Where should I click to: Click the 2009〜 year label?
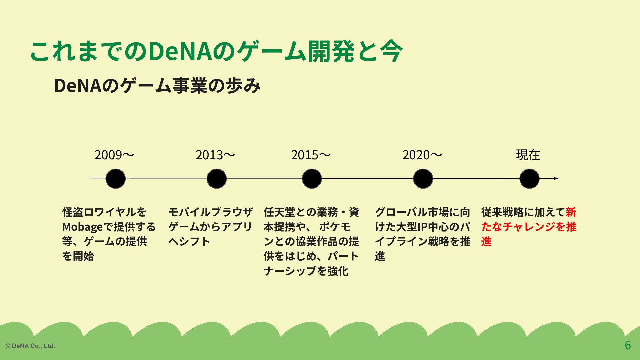click(x=114, y=155)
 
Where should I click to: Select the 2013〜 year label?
click(x=215, y=155)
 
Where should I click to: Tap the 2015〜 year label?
click(x=311, y=155)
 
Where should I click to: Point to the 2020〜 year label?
click(x=422, y=155)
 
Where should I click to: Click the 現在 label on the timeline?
click(x=528, y=155)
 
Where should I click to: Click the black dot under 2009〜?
click(x=115, y=179)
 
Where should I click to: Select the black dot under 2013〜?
click(x=217, y=179)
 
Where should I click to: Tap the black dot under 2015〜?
click(x=312, y=179)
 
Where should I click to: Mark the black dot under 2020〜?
click(x=423, y=179)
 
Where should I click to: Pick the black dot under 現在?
click(x=529, y=179)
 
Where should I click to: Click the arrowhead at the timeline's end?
click(x=556, y=179)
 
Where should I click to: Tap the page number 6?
click(x=628, y=345)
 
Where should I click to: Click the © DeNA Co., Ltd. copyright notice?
click(x=30, y=346)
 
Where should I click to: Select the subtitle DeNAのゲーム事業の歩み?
click(x=157, y=86)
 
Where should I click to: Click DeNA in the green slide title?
click(x=180, y=52)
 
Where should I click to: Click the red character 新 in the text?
click(x=571, y=212)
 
